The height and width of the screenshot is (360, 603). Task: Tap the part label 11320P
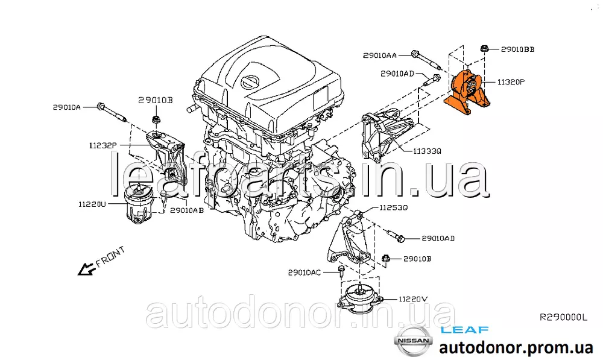(x=511, y=82)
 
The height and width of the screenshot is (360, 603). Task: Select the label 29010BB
(x=517, y=49)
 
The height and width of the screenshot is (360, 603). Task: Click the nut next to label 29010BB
(x=485, y=49)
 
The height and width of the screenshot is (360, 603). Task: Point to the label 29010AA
(x=379, y=55)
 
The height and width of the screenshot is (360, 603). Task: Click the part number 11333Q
(x=428, y=151)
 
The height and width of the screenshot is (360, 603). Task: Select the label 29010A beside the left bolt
(x=67, y=107)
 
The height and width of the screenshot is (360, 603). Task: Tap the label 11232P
(x=103, y=145)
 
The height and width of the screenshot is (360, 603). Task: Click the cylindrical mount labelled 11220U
(x=139, y=204)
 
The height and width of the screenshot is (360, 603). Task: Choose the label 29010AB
(x=187, y=210)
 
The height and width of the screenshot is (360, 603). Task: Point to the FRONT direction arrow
(x=87, y=269)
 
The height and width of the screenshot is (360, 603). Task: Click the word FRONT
(x=110, y=256)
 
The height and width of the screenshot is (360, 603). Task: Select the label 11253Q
(x=393, y=207)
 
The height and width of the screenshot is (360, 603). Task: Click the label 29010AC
(x=304, y=273)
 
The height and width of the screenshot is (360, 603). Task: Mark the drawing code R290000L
(x=564, y=317)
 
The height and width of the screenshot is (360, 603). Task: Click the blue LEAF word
(x=464, y=330)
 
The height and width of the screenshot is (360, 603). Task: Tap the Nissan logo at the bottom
(x=414, y=341)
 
